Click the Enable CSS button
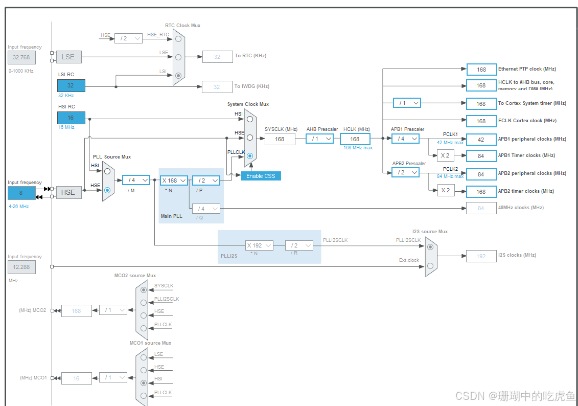click(x=261, y=176)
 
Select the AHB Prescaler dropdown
click(x=319, y=139)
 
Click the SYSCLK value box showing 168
click(x=280, y=139)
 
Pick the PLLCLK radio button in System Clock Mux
click(x=249, y=156)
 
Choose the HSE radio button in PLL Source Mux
click(x=107, y=190)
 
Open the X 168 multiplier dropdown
click(x=174, y=181)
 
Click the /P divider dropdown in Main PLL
click(x=206, y=181)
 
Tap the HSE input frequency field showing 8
click(x=21, y=193)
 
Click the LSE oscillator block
click(x=68, y=57)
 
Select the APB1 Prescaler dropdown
click(x=405, y=139)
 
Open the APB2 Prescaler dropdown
click(x=405, y=173)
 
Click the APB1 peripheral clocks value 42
click(x=481, y=139)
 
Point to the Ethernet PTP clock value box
click(x=481, y=70)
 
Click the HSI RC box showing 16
click(x=71, y=118)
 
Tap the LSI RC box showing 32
click(x=71, y=85)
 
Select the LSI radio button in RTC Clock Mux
click(x=178, y=76)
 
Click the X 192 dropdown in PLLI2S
click(x=259, y=245)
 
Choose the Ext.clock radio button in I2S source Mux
click(x=430, y=265)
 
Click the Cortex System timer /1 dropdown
click(x=407, y=103)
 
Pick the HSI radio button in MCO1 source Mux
click(x=144, y=382)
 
